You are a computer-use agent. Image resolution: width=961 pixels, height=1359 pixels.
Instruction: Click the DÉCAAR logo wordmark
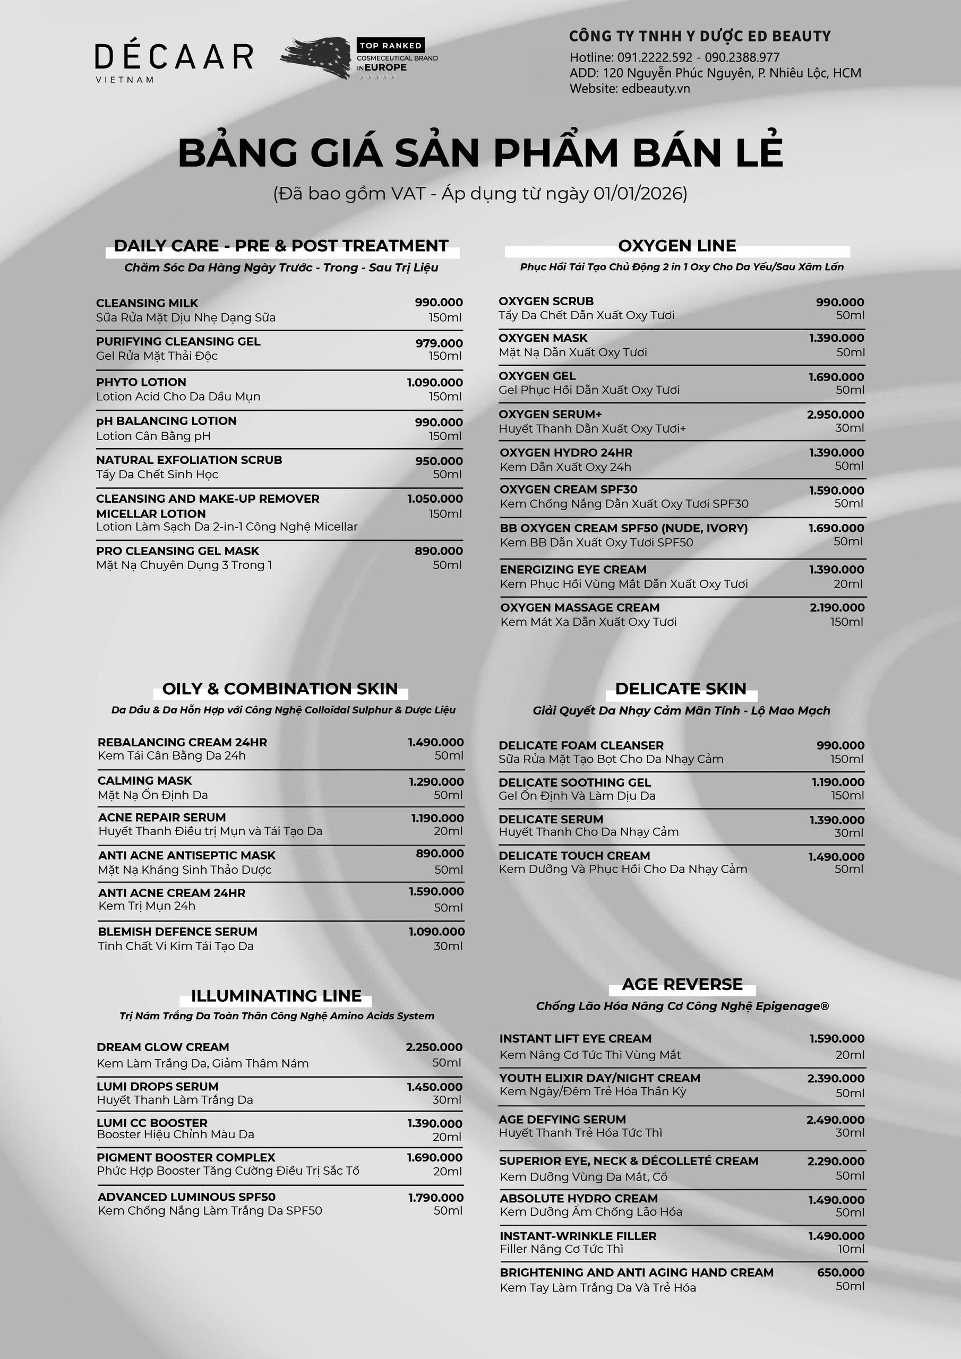pos(174,57)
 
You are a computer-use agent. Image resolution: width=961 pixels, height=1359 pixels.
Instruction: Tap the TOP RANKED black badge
pos(390,46)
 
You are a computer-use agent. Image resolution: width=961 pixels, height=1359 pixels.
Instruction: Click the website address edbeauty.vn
pos(656,89)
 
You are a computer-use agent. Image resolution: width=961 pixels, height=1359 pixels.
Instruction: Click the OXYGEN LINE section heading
pos(677,246)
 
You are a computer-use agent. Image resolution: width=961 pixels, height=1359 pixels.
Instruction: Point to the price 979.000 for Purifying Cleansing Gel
pos(439,343)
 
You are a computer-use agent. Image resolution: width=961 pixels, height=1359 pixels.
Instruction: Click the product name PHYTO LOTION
pos(141,382)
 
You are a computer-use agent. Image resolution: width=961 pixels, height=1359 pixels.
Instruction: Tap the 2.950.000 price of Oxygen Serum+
pos(835,414)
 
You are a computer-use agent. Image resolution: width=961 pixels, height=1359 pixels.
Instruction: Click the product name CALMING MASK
pos(144,781)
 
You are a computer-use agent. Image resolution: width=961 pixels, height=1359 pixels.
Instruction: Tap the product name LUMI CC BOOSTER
pos(152,1123)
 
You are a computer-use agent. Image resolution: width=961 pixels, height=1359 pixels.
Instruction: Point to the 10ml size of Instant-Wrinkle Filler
pos(851,1249)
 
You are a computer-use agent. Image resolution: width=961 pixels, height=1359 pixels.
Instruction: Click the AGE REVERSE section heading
pos(682,984)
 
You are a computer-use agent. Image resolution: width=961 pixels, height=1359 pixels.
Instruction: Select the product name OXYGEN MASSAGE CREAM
pos(580,607)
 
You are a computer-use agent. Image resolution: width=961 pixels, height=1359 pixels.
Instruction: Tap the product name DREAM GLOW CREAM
pos(163,1047)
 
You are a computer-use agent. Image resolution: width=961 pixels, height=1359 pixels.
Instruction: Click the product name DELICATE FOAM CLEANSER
pos(581,745)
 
